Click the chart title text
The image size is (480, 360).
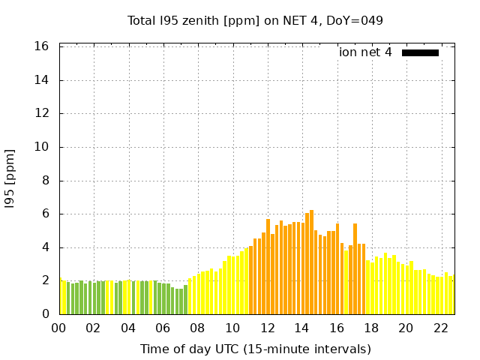pos(255,20)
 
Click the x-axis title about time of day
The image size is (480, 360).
pos(255,349)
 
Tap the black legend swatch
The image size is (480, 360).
pos(420,52)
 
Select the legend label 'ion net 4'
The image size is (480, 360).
pos(365,52)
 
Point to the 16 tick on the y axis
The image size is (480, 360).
pos(41,46)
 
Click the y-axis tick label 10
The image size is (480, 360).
pos(41,147)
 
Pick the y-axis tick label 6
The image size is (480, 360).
pos(44,214)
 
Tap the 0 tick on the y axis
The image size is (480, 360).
pos(44,314)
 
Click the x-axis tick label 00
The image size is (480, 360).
pos(58,328)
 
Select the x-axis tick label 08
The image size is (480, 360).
pos(197,328)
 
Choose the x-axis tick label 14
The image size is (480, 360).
pos(301,328)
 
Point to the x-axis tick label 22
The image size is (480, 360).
pos(440,328)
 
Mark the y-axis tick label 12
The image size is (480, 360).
pos(41,113)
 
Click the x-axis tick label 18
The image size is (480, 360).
pos(370,328)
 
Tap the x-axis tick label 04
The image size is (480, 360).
pos(128,328)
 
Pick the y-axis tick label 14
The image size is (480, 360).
pos(41,80)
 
